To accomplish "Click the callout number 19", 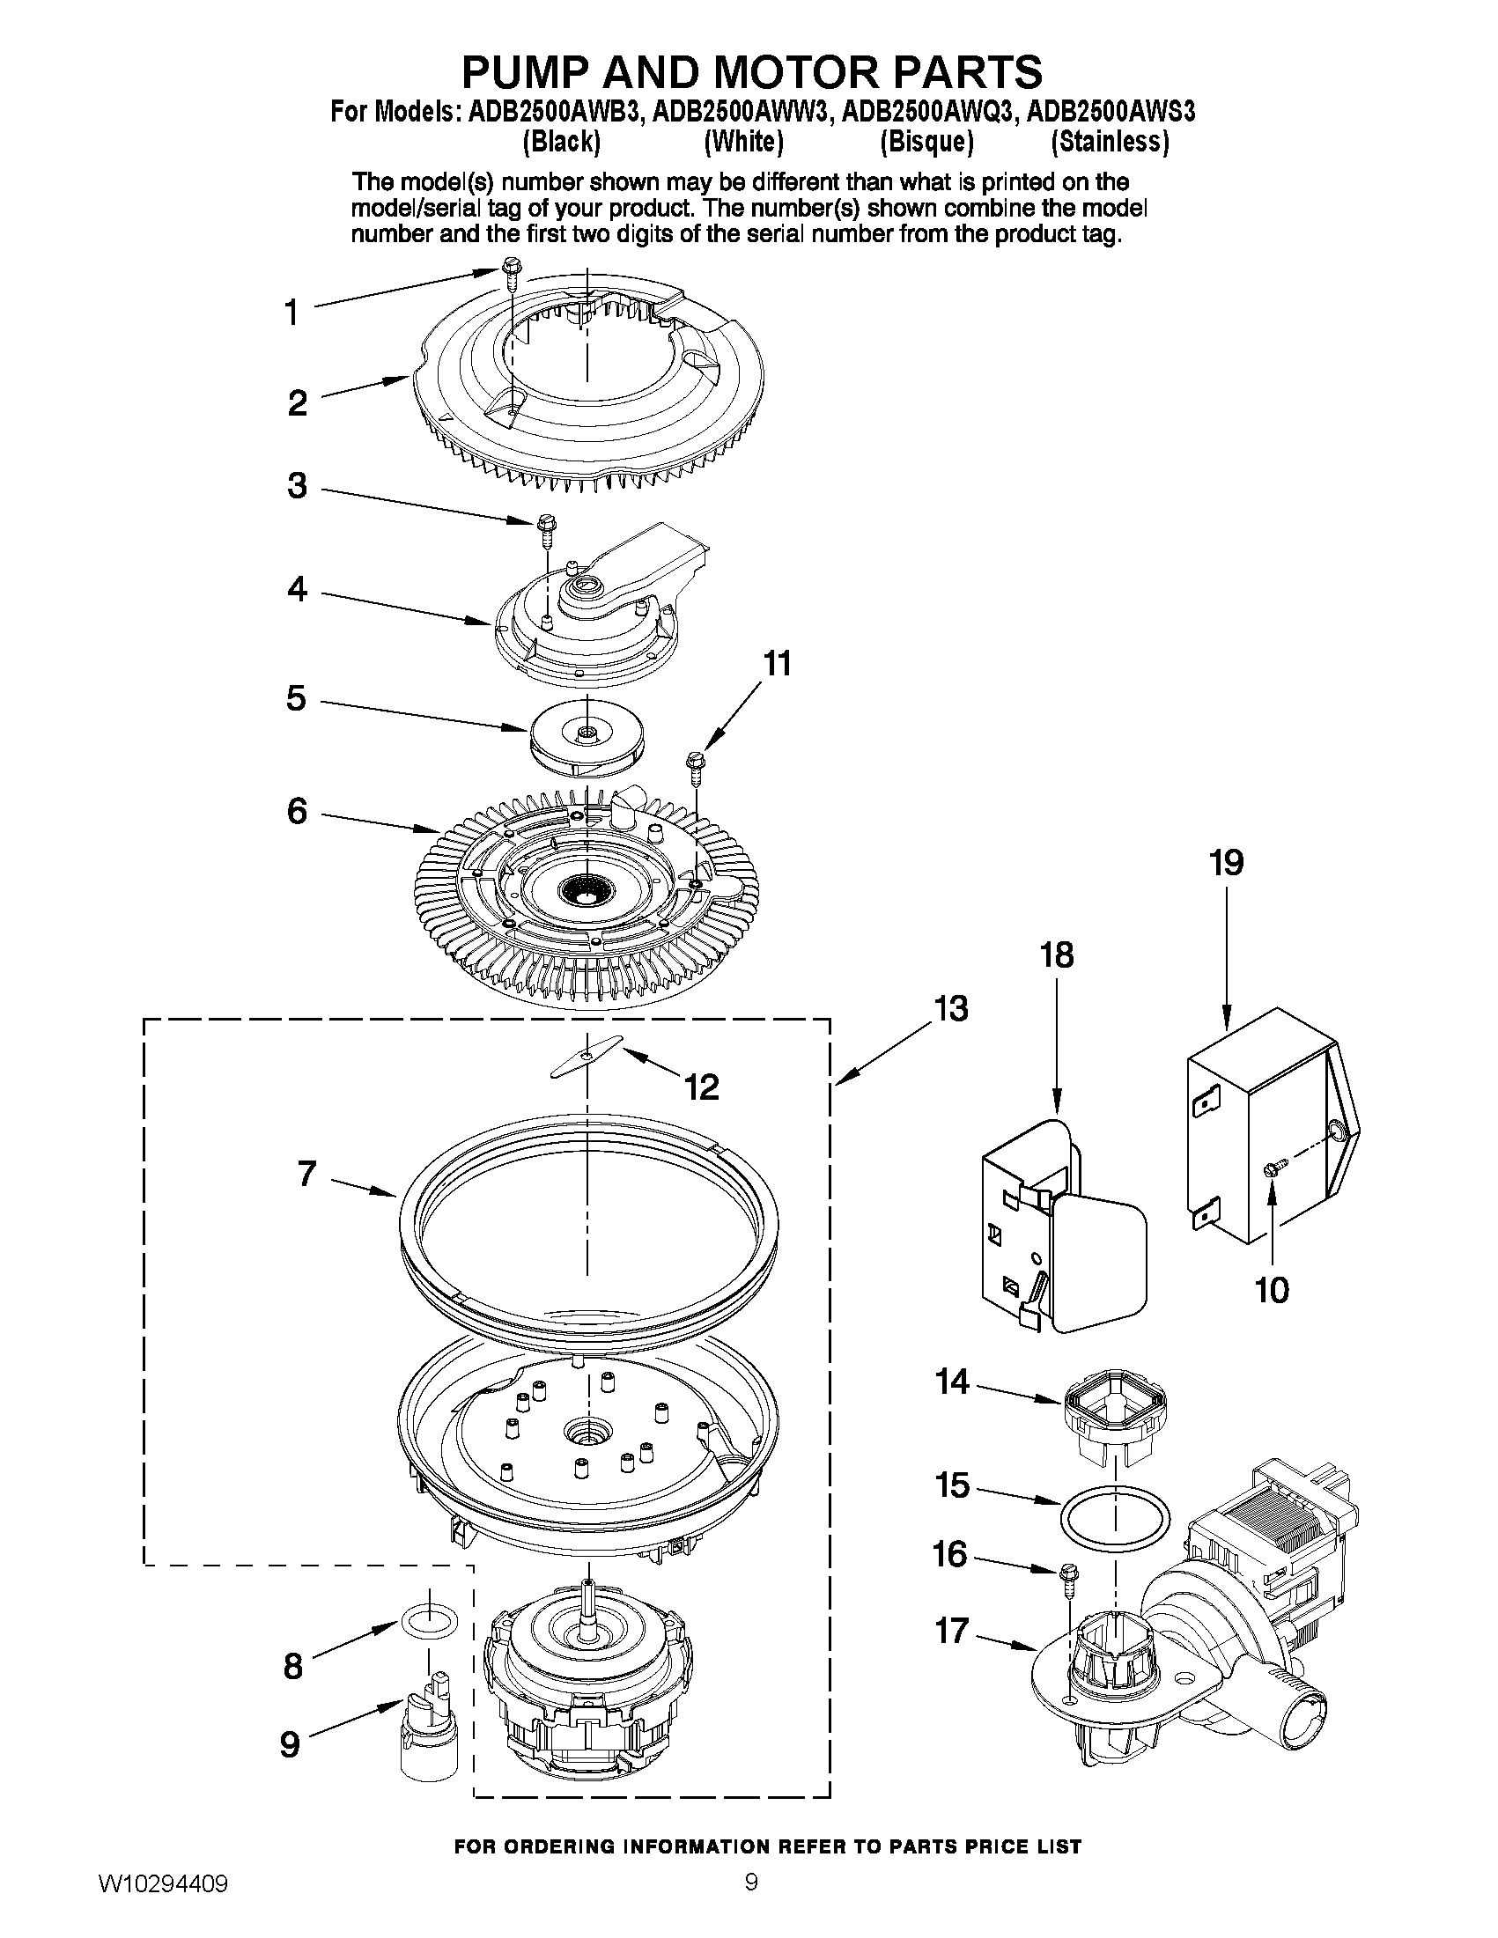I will [x=1227, y=863].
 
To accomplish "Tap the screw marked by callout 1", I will [x=510, y=269].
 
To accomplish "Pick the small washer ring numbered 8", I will [x=430, y=1621].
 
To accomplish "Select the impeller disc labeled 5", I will [x=586, y=738].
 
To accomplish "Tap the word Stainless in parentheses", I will [x=1110, y=142].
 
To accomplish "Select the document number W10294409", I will [x=162, y=1903].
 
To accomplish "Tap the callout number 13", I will [x=950, y=1009].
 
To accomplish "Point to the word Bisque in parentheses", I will [x=926, y=142].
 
